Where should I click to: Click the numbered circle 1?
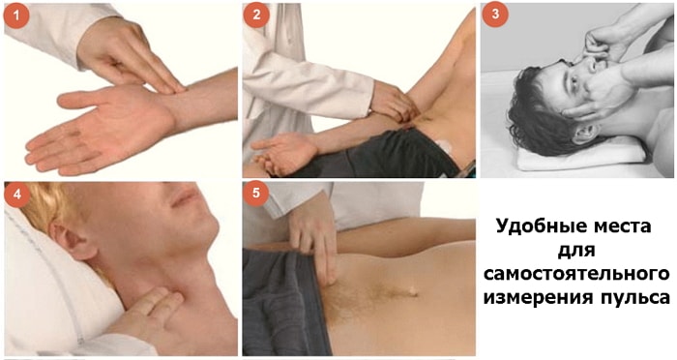(16, 15)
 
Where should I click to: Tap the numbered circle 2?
(256, 15)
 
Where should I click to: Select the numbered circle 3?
(495, 15)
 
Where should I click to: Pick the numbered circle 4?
(17, 195)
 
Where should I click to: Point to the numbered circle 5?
(256, 193)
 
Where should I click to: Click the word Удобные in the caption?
(537, 226)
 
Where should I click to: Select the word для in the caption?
(576, 251)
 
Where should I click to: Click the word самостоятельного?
(576, 274)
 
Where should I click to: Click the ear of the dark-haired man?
(585, 133)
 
